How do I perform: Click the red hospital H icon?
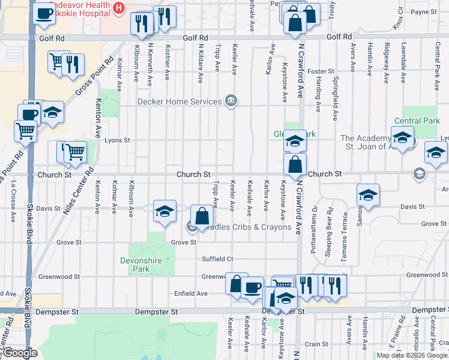119,7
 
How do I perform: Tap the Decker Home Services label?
179,101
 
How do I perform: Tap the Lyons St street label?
117,140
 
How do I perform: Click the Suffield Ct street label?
217,259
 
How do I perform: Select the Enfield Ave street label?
190,293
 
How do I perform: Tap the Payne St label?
423,11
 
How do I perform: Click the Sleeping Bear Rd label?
329,233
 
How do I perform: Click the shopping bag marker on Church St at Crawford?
295,164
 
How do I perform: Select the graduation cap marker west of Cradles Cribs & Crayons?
164,211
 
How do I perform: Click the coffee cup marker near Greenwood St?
252,287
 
